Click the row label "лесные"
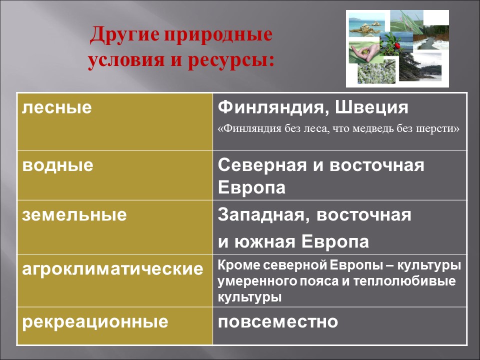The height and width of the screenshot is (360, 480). click(x=57, y=107)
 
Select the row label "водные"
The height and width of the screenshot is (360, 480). click(x=57, y=165)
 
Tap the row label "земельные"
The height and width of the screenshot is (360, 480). click(x=74, y=214)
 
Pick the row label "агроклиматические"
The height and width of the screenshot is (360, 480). click(x=112, y=269)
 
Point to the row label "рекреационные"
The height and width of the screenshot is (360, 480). click(x=95, y=322)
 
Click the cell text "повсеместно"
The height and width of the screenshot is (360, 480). click(x=278, y=321)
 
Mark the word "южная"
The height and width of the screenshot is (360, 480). click(x=265, y=241)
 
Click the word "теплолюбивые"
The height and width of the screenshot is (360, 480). click(x=404, y=281)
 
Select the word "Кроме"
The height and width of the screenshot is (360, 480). click(x=238, y=265)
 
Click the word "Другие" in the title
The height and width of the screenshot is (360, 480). click(x=124, y=34)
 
